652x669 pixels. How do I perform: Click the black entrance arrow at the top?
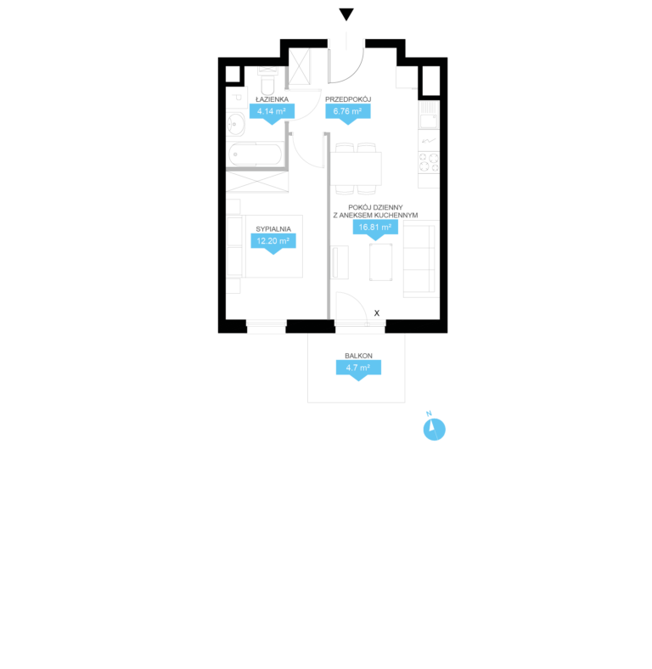coord(346,14)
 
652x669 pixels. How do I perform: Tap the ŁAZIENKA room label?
coord(272,99)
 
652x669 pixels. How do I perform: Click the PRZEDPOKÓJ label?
coord(348,99)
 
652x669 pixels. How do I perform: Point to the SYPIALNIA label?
coord(273,229)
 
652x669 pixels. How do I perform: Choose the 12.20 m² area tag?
coord(273,243)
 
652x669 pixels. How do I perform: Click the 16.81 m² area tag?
coord(375,229)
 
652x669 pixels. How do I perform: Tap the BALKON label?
coord(358,356)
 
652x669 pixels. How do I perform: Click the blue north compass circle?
coord(435,430)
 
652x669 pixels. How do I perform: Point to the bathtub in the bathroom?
coord(256,155)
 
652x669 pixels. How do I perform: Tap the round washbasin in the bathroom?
coord(235,124)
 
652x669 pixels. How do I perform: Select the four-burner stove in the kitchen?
coord(429,162)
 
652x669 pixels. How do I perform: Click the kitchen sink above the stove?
coord(429,115)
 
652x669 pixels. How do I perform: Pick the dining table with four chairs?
coord(356,169)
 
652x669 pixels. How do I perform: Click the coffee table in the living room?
coord(381,262)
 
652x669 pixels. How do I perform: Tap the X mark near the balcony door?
coord(377,313)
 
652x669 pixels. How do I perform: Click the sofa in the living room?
coord(421,259)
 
